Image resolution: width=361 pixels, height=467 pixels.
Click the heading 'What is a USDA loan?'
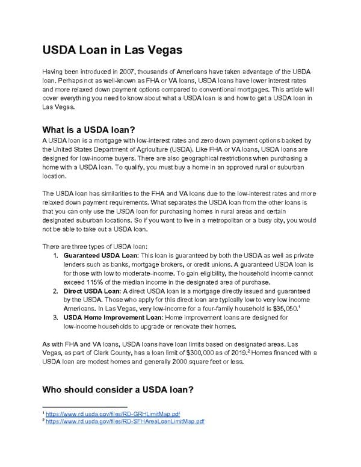(x=88, y=129)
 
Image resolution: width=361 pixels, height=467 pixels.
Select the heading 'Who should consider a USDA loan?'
(x=117, y=389)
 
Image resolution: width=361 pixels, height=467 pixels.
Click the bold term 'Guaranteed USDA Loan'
(x=100, y=255)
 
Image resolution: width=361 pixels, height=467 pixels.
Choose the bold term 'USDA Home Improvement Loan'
(x=113, y=317)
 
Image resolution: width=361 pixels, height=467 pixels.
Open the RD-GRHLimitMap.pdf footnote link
(x=113, y=414)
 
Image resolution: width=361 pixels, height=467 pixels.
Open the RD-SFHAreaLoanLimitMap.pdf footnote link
(x=125, y=421)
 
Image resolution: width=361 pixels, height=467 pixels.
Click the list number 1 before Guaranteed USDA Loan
(x=56, y=255)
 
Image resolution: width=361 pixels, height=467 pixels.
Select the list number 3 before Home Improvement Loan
(x=56, y=317)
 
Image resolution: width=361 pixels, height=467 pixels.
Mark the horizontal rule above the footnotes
(x=85, y=406)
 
